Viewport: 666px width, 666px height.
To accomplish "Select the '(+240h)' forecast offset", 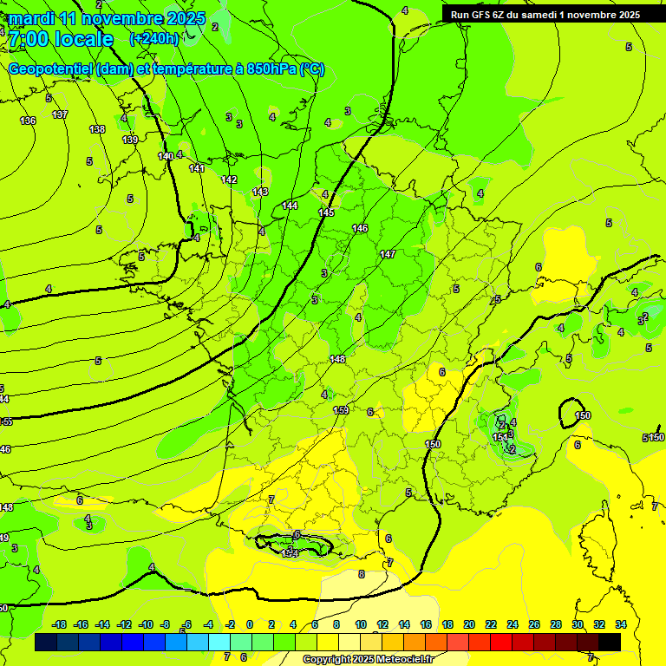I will click(x=153, y=39).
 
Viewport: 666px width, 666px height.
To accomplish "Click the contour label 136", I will click(x=28, y=121).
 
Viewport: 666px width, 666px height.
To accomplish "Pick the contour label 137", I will click(x=60, y=114).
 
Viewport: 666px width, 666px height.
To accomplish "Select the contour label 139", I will click(x=130, y=140).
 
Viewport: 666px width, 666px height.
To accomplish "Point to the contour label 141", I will click(x=197, y=168).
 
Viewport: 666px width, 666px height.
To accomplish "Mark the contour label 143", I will click(x=260, y=192).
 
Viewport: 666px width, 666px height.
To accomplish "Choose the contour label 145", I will click(x=326, y=212).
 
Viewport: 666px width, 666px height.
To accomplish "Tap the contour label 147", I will click(x=388, y=254).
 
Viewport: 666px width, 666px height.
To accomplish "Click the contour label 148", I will click(x=337, y=359).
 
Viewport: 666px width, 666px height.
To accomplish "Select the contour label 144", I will click(x=290, y=206).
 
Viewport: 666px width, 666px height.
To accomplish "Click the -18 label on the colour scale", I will click(x=59, y=624).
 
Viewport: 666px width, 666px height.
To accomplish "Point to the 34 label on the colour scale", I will click(x=621, y=624).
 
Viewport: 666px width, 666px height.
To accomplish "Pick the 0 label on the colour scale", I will click(x=250, y=624).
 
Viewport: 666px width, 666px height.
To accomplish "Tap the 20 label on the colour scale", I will click(x=468, y=624).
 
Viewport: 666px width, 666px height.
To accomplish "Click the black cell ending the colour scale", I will click(x=610, y=642).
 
